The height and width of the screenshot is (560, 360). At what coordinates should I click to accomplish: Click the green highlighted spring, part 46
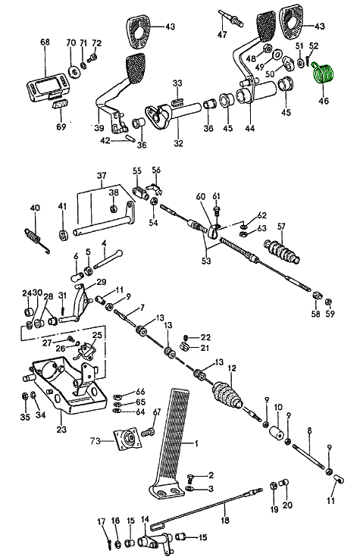click(323, 74)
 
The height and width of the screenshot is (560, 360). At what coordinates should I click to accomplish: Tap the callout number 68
click(45, 42)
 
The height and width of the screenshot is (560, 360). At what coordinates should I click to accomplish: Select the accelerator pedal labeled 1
click(169, 442)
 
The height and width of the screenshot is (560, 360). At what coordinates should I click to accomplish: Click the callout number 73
click(95, 441)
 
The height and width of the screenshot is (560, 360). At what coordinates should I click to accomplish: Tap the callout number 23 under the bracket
click(61, 429)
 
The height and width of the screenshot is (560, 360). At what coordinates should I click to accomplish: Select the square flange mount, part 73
click(127, 439)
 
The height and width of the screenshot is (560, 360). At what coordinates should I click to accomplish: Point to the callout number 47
click(222, 34)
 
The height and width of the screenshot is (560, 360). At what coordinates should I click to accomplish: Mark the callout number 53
click(206, 261)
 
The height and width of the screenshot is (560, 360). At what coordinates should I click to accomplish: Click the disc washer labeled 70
click(75, 72)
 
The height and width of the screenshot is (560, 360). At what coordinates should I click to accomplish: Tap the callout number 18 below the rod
click(225, 520)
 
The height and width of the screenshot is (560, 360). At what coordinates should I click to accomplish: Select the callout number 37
click(102, 175)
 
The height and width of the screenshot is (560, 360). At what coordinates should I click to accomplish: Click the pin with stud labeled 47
click(231, 18)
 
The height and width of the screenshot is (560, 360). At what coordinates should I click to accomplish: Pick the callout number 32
click(178, 143)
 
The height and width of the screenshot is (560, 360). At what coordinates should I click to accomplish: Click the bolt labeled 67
click(148, 433)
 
